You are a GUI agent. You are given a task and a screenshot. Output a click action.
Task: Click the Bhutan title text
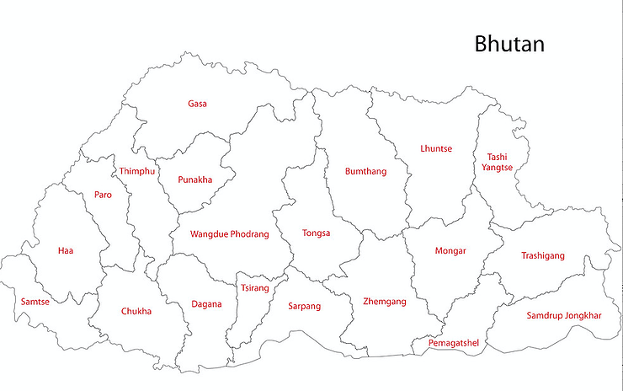click(x=509, y=43)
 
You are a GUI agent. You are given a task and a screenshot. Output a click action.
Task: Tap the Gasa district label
click(x=197, y=104)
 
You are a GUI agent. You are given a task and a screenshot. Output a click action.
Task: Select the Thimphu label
click(x=137, y=171)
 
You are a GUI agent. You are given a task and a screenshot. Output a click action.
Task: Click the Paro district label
click(x=103, y=195)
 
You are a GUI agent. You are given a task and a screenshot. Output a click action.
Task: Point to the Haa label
click(x=66, y=250)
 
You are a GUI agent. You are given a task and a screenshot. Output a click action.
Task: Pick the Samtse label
click(x=35, y=302)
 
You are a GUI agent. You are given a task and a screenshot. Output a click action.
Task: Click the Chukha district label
click(x=136, y=311)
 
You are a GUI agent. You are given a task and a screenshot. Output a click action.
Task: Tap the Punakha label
click(x=195, y=179)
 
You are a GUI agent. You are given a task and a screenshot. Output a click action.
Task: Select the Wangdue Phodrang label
click(x=229, y=234)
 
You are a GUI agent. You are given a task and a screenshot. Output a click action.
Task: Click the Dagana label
click(x=206, y=304)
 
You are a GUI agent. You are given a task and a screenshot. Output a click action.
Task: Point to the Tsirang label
click(x=254, y=288)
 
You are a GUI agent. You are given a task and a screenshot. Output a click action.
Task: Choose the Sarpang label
click(x=305, y=306)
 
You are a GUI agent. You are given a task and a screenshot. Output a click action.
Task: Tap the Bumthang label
click(x=365, y=172)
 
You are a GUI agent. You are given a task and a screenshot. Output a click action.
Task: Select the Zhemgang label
click(x=384, y=301)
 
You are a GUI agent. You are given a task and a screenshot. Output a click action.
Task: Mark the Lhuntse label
click(x=436, y=149)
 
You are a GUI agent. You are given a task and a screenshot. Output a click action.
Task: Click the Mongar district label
click(x=450, y=250)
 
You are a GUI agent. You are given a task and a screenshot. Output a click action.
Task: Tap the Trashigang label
click(x=543, y=255)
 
